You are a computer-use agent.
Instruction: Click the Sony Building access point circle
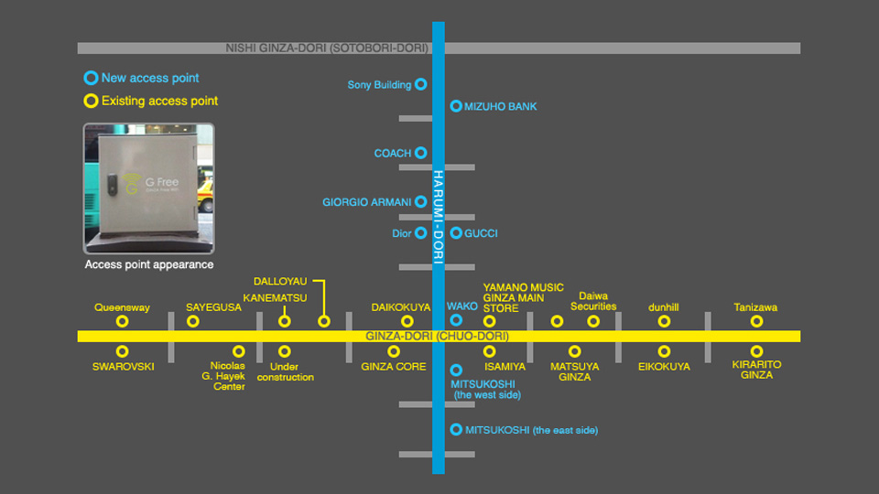click(x=421, y=84)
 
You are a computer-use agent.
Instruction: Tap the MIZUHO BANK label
click(x=500, y=106)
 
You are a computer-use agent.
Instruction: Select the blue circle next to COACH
click(x=421, y=153)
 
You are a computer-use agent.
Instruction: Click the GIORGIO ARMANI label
click(x=366, y=202)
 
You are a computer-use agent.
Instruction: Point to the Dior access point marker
click(x=421, y=233)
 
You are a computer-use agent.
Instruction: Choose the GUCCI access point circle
click(x=456, y=233)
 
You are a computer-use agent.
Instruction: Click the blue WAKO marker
click(x=456, y=320)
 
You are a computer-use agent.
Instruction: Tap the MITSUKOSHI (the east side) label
click(x=531, y=430)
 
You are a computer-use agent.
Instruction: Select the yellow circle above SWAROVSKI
click(x=122, y=351)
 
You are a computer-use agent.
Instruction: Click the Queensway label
click(x=122, y=307)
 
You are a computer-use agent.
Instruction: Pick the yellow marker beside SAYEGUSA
click(x=193, y=321)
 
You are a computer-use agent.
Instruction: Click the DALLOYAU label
click(x=280, y=281)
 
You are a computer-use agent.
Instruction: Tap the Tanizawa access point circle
click(x=757, y=321)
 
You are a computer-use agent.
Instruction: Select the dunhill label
click(x=664, y=307)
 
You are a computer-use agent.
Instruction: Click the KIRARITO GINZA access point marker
click(x=757, y=351)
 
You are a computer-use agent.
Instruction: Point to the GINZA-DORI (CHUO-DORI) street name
click(x=438, y=336)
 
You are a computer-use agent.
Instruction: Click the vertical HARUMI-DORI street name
click(x=439, y=217)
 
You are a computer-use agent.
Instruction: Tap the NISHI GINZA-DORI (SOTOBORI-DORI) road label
click(x=327, y=48)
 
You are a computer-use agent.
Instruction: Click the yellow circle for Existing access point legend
click(x=91, y=101)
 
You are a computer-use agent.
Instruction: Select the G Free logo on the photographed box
click(x=151, y=183)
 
